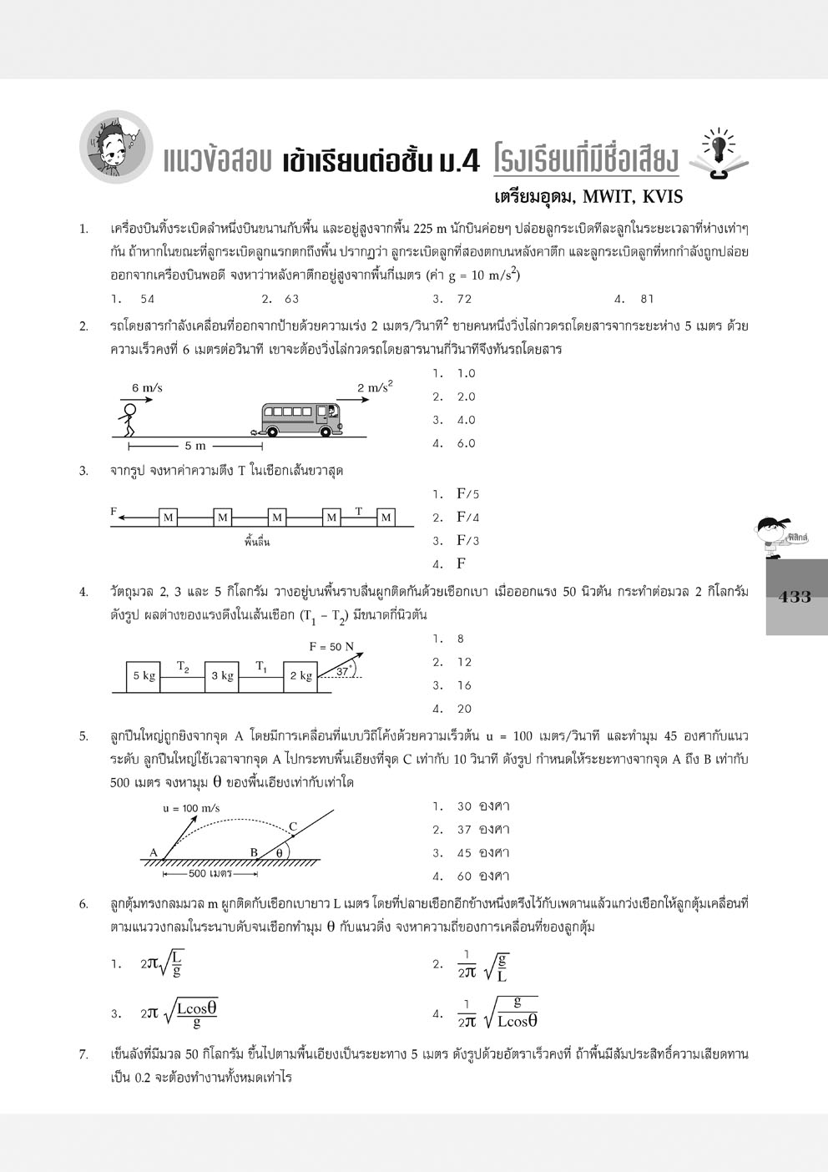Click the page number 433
click(x=794, y=597)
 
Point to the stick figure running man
click(x=127, y=419)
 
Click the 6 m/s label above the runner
click(x=147, y=388)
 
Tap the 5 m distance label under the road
click(x=194, y=446)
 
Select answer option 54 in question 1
click(x=147, y=299)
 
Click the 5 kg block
click(x=144, y=676)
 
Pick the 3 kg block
click(x=221, y=676)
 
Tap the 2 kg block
click(x=300, y=676)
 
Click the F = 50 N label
click(x=331, y=646)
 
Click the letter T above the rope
click(x=359, y=510)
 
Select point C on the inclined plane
click(x=292, y=827)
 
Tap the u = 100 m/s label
click(x=191, y=808)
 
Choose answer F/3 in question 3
click(x=467, y=540)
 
